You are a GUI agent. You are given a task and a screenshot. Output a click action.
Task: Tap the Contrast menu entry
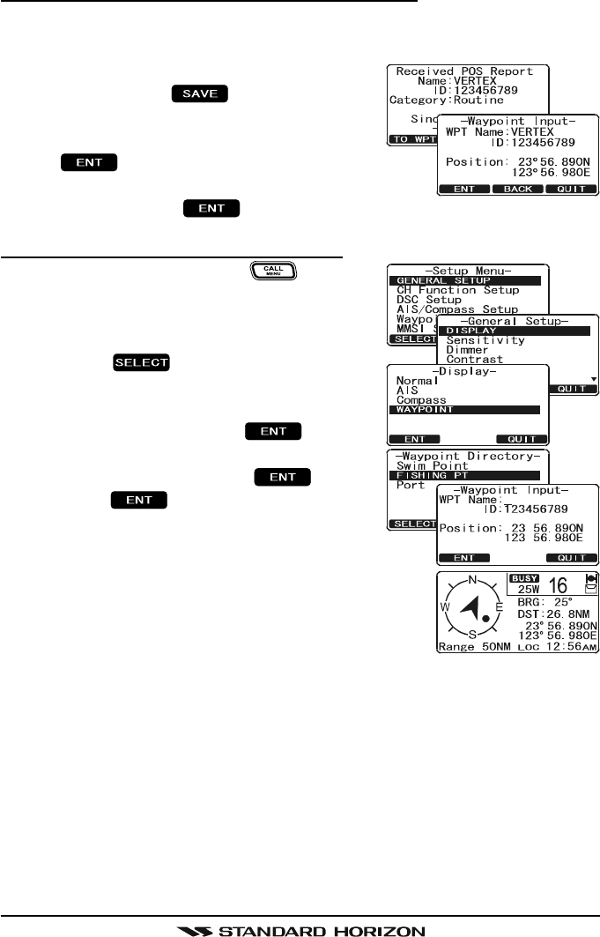[475, 360]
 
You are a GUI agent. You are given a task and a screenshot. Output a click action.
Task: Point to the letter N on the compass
[471, 581]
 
